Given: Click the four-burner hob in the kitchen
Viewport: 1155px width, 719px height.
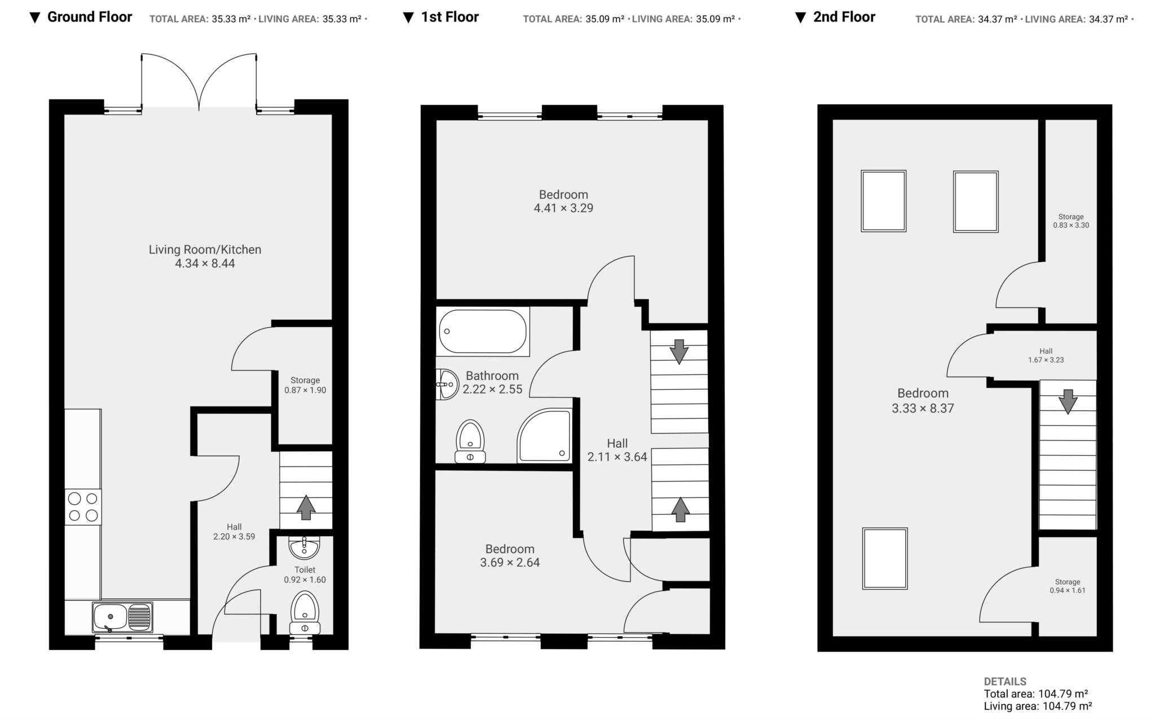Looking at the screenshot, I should (x=83, y=506).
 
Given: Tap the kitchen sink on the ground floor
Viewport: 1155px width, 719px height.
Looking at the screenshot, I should (x=122, y=617).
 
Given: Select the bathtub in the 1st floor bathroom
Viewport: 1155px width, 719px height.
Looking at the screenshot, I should (x=482, y=332).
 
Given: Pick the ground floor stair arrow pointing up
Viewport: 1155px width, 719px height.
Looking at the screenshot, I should (x=306, y=507).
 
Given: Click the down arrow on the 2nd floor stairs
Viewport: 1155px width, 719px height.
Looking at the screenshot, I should (x=1068, y=402).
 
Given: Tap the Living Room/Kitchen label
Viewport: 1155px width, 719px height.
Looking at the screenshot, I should (x=205, y=249).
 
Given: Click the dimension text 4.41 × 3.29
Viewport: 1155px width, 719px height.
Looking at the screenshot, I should (x=563, y=208).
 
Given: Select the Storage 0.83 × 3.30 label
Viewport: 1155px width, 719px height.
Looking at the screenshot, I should (x=1070, y=220).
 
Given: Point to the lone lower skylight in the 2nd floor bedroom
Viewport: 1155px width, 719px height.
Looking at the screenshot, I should (x=884, y=558).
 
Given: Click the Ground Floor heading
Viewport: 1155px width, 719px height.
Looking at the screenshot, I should (x=89, y=17).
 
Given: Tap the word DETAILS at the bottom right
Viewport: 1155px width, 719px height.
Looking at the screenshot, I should (x=1005, y=681).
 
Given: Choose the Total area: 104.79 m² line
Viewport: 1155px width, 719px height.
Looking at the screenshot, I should (x=1035, y=694).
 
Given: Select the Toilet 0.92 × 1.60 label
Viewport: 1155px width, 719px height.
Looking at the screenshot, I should (x=305, y=575).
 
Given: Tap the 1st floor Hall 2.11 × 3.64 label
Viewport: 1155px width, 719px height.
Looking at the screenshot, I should (x=617, y=450).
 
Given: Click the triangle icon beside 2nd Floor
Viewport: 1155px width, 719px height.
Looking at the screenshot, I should (x=800, y=17).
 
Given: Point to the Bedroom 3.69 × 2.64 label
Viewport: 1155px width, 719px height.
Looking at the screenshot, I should (x=510, y=555).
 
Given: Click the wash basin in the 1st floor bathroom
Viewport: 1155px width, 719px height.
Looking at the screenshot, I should (x=448, y=384).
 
